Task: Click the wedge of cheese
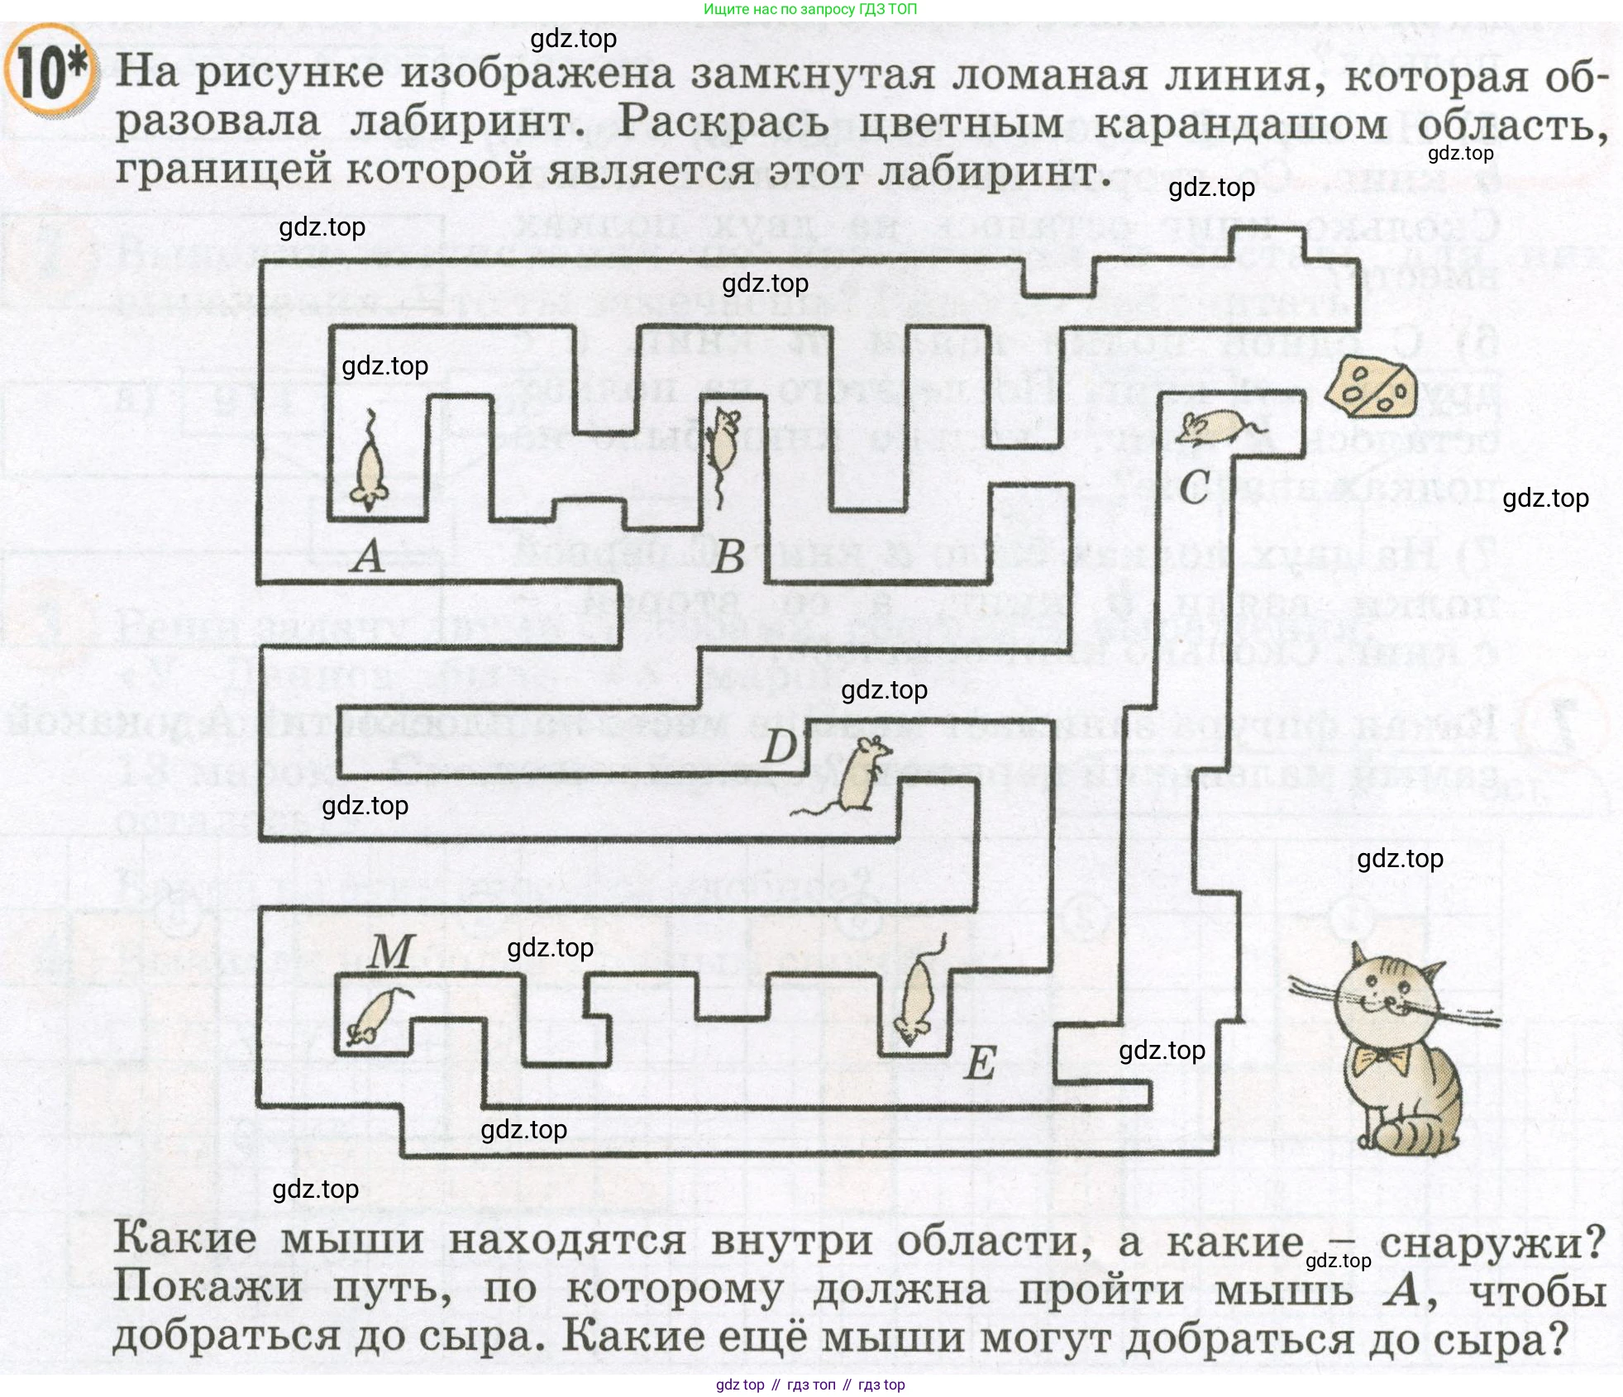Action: (x=1371, y=388)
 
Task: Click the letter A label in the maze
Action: (x=369, y=555)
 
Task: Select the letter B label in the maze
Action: (x=728, y=555)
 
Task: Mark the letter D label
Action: (x=778, y=747)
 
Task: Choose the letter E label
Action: (x=981, y=1063)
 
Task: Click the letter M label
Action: (x=389, y=951)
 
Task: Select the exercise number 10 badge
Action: (x=50, y=73)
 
